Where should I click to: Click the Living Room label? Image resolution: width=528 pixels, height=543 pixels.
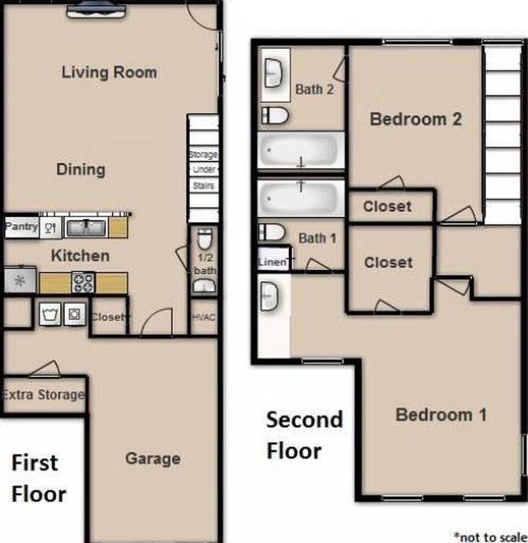[109, 72]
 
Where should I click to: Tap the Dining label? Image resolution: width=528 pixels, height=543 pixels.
[81, 170]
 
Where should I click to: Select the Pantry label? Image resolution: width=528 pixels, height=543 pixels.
[21, 227]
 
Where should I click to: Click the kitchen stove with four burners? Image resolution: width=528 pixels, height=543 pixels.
[83, 283]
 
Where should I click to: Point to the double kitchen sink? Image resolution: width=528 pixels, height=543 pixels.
[86, 228]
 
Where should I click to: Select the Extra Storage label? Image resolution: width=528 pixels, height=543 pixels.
[43, 395]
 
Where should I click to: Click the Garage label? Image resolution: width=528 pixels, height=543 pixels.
[153, 459]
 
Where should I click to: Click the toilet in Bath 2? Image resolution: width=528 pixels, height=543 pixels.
[275, 115]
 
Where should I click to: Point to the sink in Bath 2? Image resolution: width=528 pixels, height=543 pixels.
[274, 71]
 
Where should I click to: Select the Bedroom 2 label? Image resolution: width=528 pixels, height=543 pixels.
[416, 119]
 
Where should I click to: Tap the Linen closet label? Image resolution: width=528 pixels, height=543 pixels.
[272, 262]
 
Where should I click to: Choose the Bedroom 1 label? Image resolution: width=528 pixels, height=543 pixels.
[441, 414]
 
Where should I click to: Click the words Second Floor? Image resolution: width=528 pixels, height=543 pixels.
[304, 435]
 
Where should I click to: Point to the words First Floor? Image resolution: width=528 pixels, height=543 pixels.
[39, 478]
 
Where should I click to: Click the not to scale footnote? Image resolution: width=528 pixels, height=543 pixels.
[491, 536]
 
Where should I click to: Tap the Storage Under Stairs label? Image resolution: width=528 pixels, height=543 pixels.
[204, 170]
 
